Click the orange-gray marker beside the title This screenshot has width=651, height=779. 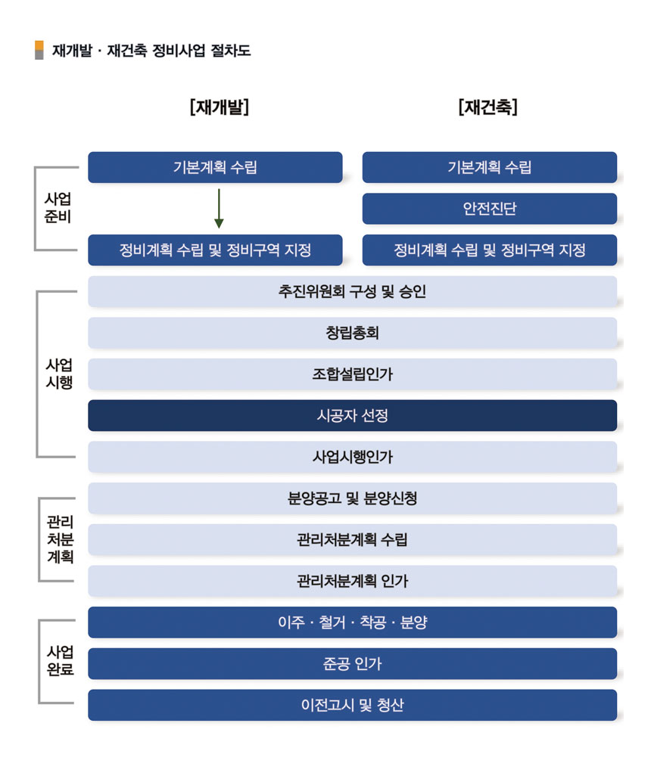[x=39, y=50]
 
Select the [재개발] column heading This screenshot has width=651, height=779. [x=220, y=107]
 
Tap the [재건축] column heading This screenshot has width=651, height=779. [x=488, y=107]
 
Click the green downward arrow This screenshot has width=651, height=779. [x=219, y=208]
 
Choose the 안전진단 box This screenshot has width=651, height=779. [x=489, y=209]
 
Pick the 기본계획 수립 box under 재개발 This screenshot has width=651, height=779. [x=215, y=167]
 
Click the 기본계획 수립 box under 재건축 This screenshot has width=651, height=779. [x=489, y=167]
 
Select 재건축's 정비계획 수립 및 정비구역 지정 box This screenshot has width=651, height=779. [x=489, y=250]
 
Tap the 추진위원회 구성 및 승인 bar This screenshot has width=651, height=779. [x=352, y=291]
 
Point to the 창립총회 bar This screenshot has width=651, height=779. [x=352, y=332]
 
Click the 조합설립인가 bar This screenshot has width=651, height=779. [x=352, y=374]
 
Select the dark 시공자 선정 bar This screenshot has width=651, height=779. [x=352, y=415]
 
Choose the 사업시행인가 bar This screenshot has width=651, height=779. [x=352, y=457]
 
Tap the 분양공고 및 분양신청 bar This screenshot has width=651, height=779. [x=352, y=498]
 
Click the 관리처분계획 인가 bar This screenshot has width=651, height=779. [x=352, y=581]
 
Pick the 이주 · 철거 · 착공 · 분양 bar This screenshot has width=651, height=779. [x=352, y=622]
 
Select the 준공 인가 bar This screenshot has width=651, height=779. [x=352, y=663]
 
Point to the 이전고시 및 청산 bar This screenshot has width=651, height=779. [x=352, y=705]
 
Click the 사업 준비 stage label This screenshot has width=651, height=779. [x=58, y=208]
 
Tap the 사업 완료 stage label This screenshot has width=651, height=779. [x=60, y=660]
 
